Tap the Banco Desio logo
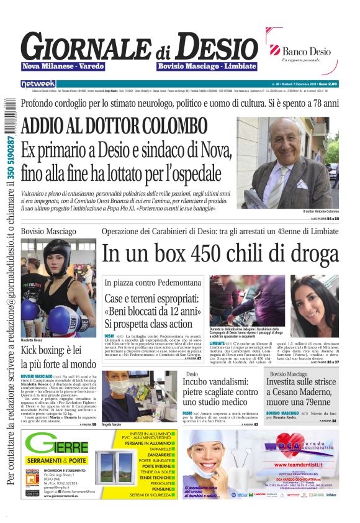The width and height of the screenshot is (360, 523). (301, 52)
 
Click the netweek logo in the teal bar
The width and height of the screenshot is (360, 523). (38, 83)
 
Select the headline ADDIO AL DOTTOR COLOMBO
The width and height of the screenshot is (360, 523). (114, 126)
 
